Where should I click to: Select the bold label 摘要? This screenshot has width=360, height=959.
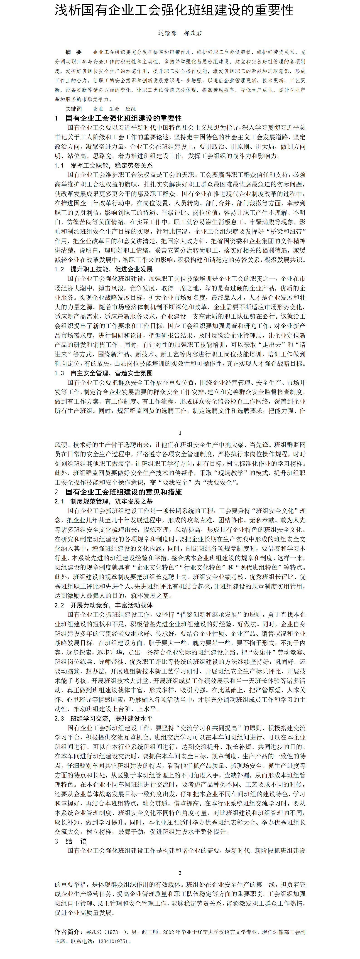click(73, 52)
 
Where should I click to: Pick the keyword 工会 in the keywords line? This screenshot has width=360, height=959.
click(114, 109)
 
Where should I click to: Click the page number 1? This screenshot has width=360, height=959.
click(180, 433)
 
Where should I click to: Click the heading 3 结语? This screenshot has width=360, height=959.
click(71, 841)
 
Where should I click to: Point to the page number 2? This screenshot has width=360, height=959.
click(180, 873)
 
